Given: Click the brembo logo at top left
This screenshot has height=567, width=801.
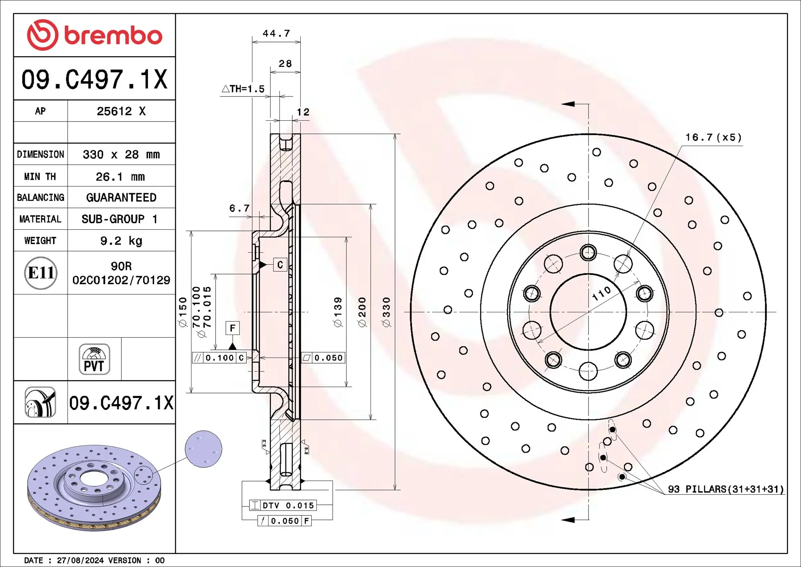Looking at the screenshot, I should point(94,35).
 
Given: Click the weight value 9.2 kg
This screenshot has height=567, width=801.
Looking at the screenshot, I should point(121,241).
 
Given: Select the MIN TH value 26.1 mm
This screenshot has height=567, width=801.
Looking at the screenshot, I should point(120,177).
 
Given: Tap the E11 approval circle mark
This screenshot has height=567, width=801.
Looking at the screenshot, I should point(41,273).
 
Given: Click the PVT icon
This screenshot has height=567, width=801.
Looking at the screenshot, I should point(94,359).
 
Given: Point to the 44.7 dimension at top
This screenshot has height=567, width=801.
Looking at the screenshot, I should point(276,33).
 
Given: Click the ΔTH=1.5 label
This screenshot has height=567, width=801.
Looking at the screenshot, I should point(243,89).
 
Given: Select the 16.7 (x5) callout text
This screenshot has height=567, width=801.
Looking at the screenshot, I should point(713,138).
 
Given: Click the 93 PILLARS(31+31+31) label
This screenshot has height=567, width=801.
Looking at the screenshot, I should point(726,489).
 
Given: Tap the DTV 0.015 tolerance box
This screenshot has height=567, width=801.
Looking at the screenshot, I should point(283,505).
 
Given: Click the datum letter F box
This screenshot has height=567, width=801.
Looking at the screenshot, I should point(233,328).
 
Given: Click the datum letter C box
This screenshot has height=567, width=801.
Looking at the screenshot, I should point(280,265).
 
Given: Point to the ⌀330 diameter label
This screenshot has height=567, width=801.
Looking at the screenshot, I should point(386,312).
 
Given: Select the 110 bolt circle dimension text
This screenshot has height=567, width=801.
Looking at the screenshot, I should point(601,294).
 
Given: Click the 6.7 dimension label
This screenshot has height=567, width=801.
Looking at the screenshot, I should point(239,208).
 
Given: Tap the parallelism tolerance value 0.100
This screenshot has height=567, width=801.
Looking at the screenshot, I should point(220,358).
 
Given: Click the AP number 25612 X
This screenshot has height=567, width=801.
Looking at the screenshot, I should point(121,111).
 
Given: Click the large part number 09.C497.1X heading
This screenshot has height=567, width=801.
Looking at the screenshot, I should point(94,80).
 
